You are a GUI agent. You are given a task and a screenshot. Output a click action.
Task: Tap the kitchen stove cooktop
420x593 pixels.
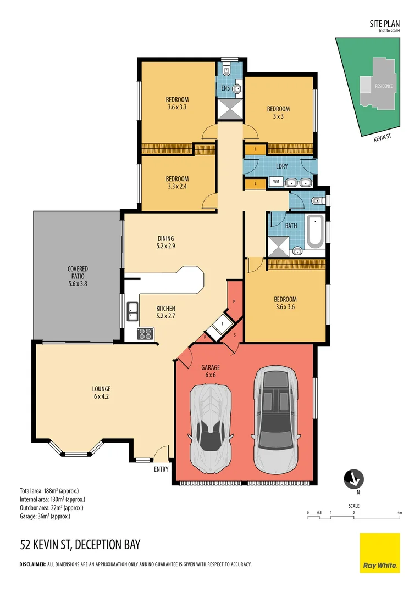coord(146,333)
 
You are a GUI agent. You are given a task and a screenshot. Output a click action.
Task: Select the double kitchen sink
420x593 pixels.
coord(132,311)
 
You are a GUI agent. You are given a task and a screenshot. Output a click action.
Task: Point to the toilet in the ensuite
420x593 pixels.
coord(226,71)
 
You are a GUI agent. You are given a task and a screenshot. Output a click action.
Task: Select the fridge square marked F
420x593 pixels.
coord(222,323)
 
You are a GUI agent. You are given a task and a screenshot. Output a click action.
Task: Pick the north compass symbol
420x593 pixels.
coord(352,479)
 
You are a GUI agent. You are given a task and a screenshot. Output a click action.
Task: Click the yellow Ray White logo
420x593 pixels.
coord(379,552)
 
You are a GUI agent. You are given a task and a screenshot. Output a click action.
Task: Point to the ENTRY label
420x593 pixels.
coord(162,469)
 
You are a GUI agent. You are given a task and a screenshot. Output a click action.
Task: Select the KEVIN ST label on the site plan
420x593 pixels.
coord(382,140)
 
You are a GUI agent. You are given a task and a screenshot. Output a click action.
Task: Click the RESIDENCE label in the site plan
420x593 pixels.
coord(383,86)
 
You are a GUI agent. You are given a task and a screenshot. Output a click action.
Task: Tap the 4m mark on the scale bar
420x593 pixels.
coord(400,513)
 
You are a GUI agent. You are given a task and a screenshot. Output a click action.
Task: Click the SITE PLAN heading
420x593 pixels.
coord(385,24)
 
